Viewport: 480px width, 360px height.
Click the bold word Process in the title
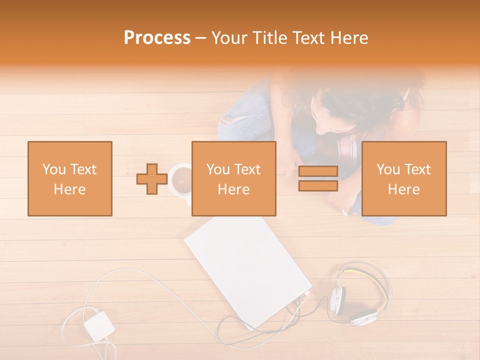click(157, 38)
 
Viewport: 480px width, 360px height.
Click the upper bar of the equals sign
click(318, 171)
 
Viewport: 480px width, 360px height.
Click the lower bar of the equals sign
click(318, 185)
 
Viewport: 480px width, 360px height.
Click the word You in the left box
click(53, 169)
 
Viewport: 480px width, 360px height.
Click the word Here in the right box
click(403, 189)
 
